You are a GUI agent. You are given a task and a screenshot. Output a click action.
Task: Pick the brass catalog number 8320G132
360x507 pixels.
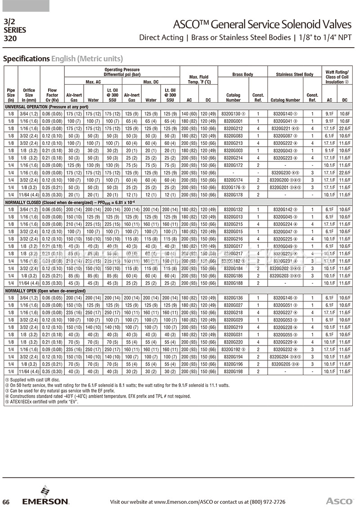pyautogui.click(x=233, y=210)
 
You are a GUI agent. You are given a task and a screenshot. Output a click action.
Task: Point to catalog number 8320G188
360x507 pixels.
pyautogui.click(x=233, y=283)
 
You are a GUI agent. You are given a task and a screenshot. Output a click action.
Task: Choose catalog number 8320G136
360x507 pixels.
pyautogui.click(x=233, y=298)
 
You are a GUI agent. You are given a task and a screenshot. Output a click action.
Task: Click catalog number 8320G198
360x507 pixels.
pyautogui.click(x=233, y=371)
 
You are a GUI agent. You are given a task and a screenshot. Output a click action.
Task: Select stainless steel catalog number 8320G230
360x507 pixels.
pyautogui.click(x=286, y=172)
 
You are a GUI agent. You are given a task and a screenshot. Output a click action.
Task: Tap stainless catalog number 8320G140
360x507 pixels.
pyautogui.click(x=286, y=114)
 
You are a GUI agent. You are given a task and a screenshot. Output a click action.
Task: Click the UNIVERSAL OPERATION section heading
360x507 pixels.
pyautogui.click(x=46, y=107)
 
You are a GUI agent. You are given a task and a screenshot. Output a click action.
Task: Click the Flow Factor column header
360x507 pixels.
pyautogui.click(x=52, y=95)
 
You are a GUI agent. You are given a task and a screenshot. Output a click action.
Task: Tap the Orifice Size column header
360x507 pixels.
pyautogui.click(x=29, y=95)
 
